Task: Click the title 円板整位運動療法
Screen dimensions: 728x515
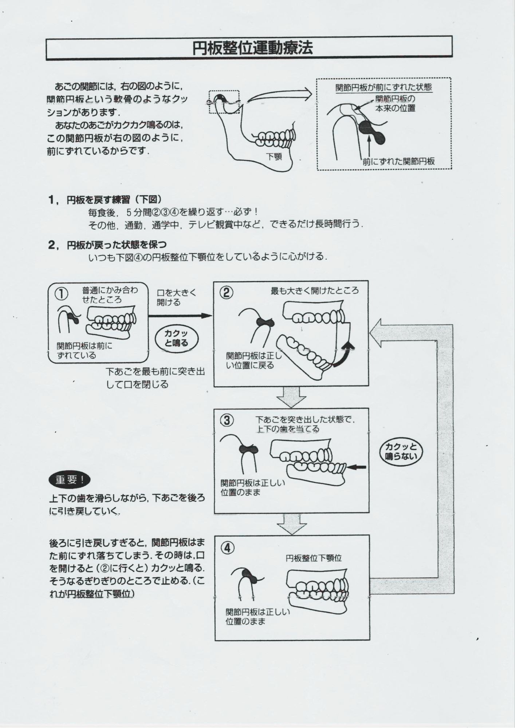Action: pos(252,48)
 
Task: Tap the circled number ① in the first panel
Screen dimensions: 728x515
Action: pos(62,294)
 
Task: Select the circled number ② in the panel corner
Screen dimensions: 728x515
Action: pos(227,292)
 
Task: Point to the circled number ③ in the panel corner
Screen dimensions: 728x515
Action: pos(227,420)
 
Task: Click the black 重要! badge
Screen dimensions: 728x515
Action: pos(69,480)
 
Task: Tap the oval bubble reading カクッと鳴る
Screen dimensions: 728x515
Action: pos(177,338)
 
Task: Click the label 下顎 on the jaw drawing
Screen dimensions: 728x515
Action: pos(274,156)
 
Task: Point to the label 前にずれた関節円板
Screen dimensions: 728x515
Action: pos(398,161)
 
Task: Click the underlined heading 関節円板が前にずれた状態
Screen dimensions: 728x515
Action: pos(384,87)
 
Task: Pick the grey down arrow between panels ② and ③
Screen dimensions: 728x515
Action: pos(291,396)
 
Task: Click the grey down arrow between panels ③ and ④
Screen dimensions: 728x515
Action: pos(291,523)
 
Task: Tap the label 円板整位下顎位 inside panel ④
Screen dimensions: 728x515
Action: pos(314,558)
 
